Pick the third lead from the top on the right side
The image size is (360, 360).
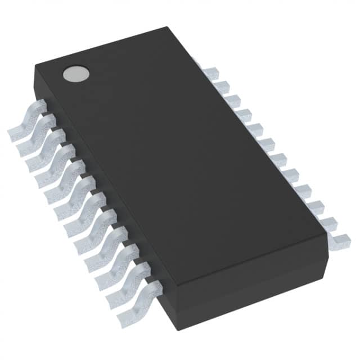click(232, 100)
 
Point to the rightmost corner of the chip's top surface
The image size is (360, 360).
click(328, 231)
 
